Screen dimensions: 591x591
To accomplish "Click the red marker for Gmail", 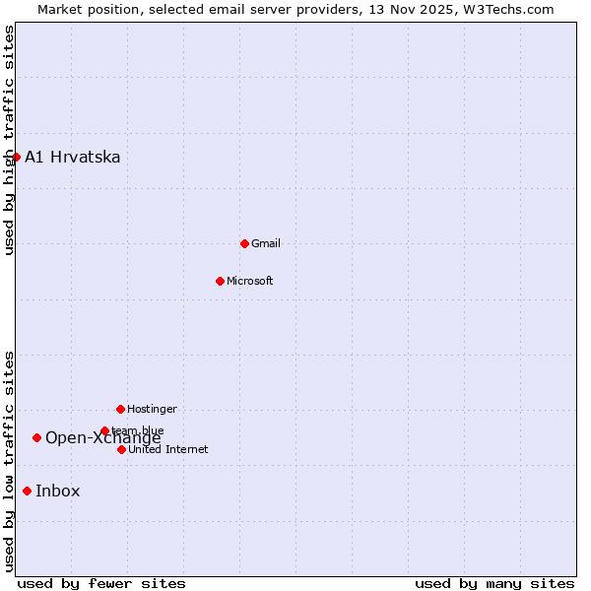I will (244, 243).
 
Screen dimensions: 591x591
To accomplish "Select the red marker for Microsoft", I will (221, 281).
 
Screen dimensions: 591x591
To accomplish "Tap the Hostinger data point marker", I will (120, 409).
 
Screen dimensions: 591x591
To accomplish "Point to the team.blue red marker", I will (104, 430).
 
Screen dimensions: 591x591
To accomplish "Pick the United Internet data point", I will (121, 449).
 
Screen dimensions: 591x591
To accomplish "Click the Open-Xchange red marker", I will (36, 437).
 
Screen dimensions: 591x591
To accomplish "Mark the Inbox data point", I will (27, 491).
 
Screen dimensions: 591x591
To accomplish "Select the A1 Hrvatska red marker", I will (16, 157).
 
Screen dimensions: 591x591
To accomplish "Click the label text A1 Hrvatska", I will (72, 158).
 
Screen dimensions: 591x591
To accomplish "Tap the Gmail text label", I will (266, 243).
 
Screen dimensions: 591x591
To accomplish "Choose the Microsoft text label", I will (250, 281).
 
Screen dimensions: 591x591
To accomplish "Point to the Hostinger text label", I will (152, 409).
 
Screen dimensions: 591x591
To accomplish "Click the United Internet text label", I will (168, 449).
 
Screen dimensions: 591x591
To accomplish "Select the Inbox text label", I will (58, 492).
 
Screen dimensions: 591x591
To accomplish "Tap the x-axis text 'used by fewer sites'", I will (101, 583).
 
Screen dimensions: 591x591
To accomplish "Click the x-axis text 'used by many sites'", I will (494, 583).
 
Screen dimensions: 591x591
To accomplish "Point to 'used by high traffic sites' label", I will (9, 141).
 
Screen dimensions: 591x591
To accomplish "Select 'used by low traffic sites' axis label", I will (9, 461).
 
